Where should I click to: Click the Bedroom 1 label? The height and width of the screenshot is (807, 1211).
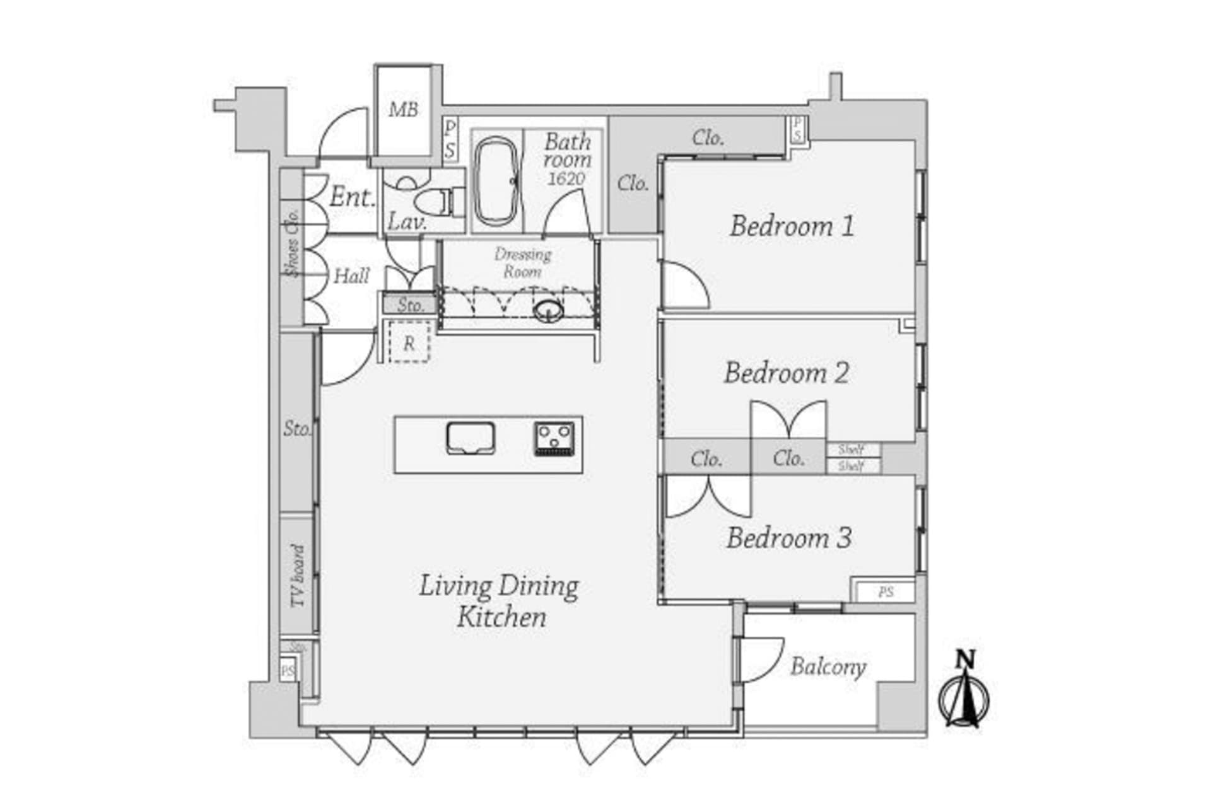pos(792,226)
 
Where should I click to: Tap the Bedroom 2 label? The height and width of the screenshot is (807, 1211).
pos(786,373)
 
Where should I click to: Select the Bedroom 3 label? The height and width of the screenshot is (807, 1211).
pos(788,538)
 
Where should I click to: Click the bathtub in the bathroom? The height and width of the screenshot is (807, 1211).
pos(496,181)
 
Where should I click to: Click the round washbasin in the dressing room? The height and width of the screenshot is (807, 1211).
pos(548,311)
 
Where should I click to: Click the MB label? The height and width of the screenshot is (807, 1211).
pos(404,110)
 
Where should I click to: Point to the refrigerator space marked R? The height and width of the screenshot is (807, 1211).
pos(409,343)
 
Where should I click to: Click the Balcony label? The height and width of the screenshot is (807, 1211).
pos(828,666)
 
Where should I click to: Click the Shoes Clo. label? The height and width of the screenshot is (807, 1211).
pos(292,243)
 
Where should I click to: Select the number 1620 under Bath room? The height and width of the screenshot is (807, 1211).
pos(566,178)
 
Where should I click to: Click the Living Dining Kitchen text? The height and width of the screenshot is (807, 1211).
pos(500,601)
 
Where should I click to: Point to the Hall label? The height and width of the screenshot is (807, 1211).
pos(351,276)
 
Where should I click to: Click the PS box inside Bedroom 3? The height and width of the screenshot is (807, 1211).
pos(886,592)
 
